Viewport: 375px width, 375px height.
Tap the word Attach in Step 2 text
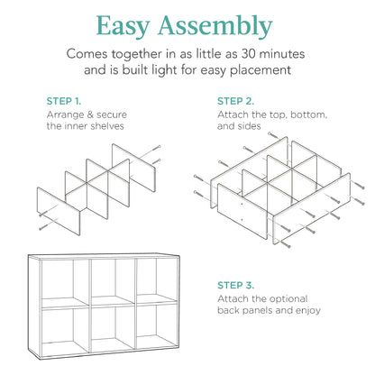tap(236, 116)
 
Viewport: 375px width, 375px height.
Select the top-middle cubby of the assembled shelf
tap(110, 279)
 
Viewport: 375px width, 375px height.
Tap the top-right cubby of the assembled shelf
tap(159, 279)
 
